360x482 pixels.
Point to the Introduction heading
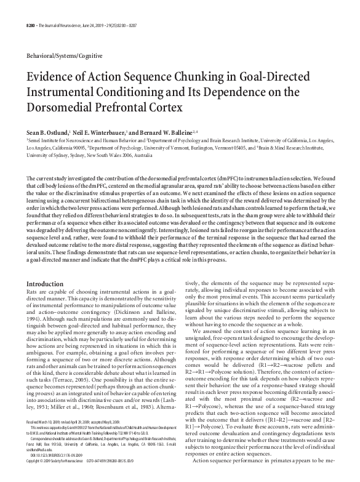pyautogui.click(x=45, y=284)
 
